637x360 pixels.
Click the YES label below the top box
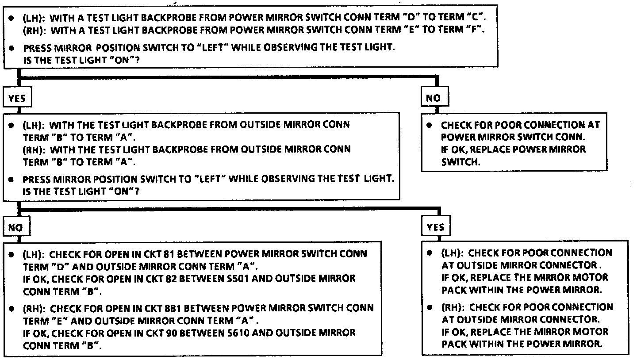(x=17, y=98)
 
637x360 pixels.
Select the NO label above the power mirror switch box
(x=433, y=98)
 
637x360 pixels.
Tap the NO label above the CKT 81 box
(x=15, y=227)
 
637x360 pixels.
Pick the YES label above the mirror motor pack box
(x=436, y=227)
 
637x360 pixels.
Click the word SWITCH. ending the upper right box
(x=460, y=162)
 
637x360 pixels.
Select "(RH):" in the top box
(x=35, y=31)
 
